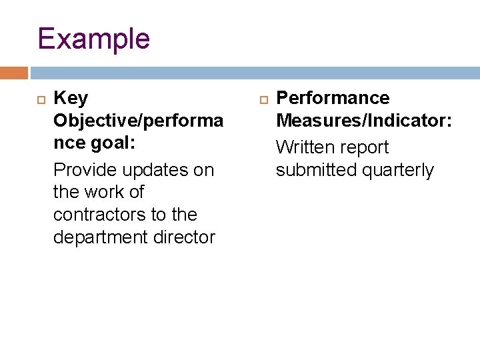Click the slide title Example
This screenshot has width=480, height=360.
click(94, 39)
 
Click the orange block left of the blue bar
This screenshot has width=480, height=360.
click(14, 73)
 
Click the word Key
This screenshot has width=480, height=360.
click(70, 99)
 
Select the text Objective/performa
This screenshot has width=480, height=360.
click(138, 121)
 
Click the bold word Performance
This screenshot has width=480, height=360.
click(333, 99)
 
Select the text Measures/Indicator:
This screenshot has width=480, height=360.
click(364, 121)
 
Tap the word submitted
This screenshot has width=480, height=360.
click(316, 170)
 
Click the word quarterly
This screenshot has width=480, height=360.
click(397, 170)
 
